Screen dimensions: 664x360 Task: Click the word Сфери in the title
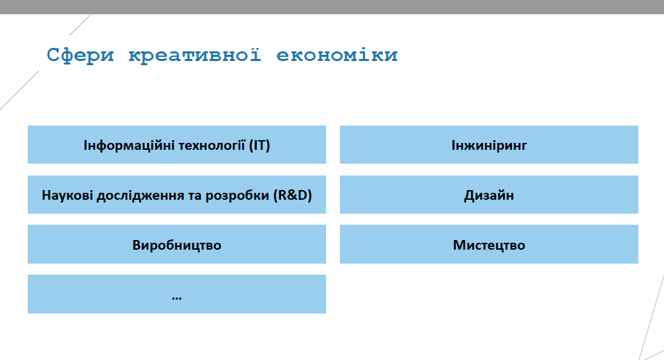(80, 55)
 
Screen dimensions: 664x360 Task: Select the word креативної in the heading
(195, 55)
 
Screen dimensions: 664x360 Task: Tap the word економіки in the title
(337, 55)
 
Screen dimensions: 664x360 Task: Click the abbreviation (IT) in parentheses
(259, 146)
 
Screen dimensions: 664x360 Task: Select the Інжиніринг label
(489, 146)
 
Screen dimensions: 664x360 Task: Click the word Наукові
(67, 195)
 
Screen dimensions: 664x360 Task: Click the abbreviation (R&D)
(293, 195)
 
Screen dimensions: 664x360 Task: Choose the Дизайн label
(489, 195)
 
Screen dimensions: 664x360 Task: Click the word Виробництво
(177, 246)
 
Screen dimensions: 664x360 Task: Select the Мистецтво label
(489, 246)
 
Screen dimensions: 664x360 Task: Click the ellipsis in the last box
(177, 298)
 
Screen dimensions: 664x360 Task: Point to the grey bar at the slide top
(332, 7)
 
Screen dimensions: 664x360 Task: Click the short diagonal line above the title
(80, 25)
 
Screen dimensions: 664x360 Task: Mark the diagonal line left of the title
(19, 90)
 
